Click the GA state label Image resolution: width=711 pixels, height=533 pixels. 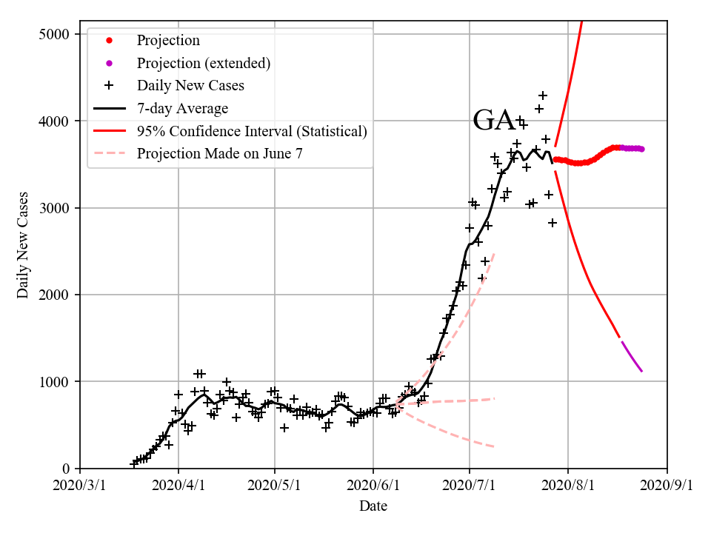click(494, 120)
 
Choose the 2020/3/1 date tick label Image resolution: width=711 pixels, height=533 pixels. click(80, 486)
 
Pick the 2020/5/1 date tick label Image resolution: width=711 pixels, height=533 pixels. click(275, 486)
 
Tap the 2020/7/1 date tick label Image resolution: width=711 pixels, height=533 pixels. click(470, 486)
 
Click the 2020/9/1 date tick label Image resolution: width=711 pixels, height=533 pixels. click(667, 486)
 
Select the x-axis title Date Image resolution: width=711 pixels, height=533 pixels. click(373, 506)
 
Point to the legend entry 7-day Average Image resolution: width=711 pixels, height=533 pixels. click(182, 109)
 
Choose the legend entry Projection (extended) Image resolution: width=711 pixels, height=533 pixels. click(203, 63)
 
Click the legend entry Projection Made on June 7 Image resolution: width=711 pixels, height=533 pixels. click(220, 154)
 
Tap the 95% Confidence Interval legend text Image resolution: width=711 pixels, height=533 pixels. click(252, 132)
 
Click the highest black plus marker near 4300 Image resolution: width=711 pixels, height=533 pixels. click(543, 95)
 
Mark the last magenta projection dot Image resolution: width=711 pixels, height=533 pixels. click(641, 149)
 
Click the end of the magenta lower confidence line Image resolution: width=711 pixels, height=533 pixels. click(641, 371)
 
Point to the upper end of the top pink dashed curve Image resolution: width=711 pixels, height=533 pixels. click(494, 253)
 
